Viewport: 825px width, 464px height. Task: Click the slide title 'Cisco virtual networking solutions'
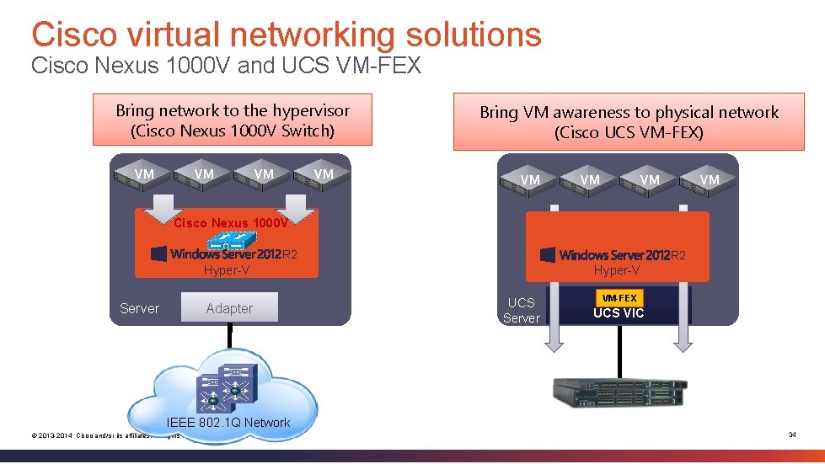[x=286, y=35]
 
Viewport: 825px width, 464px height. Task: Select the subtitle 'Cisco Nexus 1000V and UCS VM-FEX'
[x=225, y=66]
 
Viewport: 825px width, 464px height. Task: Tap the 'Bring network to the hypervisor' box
[x=232, y=120]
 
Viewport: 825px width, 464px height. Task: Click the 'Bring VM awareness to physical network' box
[x=629, y=122]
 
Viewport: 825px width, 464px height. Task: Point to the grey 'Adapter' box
[x=229, y=308]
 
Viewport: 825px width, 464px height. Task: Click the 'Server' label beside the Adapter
[x=139, y=308]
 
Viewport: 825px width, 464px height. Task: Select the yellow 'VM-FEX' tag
[x=619, y=297]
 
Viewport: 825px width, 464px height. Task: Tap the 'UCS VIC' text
[x=619, y=313]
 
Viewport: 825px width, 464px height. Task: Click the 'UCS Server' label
[x=521, y=310]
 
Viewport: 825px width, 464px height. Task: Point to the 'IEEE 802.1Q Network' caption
[x=228, y=423]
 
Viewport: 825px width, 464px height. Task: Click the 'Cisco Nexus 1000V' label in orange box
[x=230, y=223]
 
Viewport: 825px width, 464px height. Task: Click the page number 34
[x=792, y=435]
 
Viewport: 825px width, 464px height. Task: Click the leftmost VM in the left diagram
[x=144, y=174]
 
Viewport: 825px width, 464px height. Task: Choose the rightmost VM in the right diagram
[x=710, y=179]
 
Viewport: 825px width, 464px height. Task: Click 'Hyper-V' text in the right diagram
[x=618, y=270]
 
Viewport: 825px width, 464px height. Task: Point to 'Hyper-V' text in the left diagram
[x=227, y=270]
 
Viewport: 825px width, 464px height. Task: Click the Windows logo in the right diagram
[x=548, y=254]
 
